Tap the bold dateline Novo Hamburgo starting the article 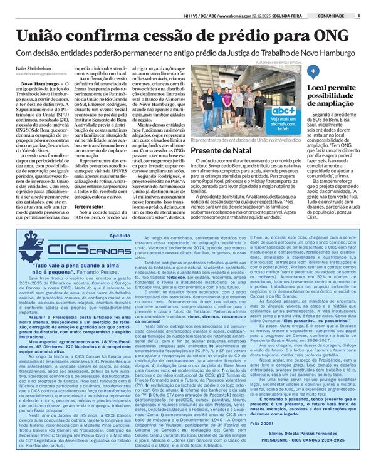[34, 82]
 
